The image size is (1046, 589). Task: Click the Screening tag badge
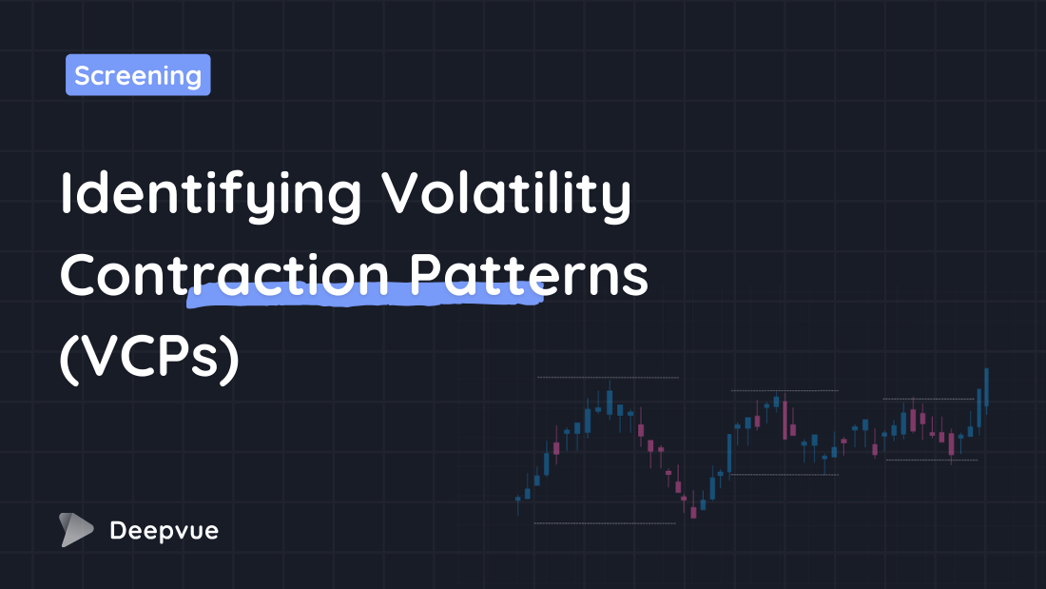(x=138, y=75)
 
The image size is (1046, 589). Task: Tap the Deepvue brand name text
(x=164, y=531)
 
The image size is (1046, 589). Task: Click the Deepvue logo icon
(x=76, y=530)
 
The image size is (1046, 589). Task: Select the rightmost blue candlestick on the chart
(x=987, y=387)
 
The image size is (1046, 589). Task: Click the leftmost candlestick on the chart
(x=518, y=499)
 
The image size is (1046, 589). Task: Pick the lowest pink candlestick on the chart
(x=693, y=512)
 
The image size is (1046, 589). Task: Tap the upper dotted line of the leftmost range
(x=608, y=378)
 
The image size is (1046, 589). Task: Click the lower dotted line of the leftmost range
(x=605, y=523)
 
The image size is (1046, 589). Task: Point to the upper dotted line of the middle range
(x=784, y=390)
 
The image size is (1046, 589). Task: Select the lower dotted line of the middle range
(x=784, y=474)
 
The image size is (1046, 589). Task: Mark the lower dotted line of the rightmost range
(x=931, y=461)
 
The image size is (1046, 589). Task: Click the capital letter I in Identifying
(x=67, y=194)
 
